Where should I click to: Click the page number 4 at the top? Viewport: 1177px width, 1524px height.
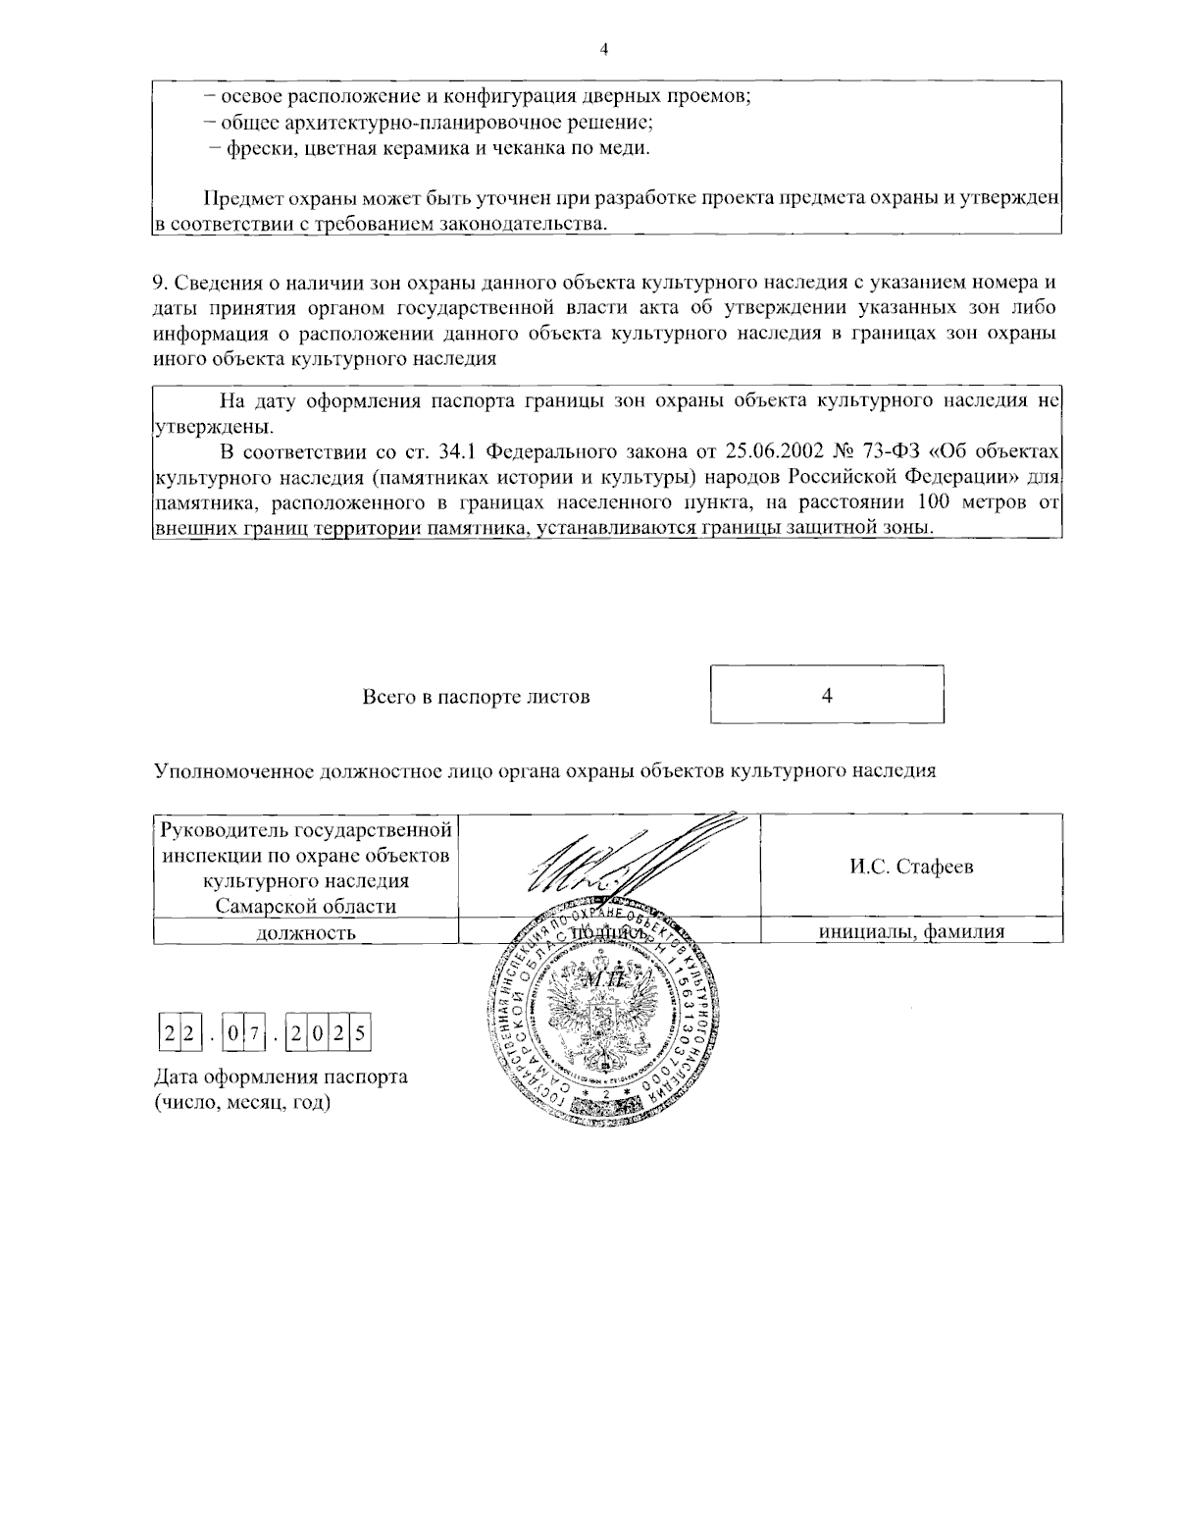pos(603,50)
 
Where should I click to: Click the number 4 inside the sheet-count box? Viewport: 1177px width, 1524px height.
pos(827,696)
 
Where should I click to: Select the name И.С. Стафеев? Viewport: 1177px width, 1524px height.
pos(911,867)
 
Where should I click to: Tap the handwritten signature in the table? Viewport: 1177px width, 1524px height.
pos(628,859)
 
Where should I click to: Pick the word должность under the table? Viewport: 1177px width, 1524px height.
pos(305,932)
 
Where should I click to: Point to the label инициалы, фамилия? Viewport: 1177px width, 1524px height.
pos(911,932)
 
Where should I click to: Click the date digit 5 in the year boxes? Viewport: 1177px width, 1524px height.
pos(361,1033)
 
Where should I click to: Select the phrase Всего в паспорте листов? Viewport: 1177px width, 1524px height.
pos(476,697)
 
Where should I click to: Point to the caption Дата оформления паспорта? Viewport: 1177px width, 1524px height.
pos(281,1077)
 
